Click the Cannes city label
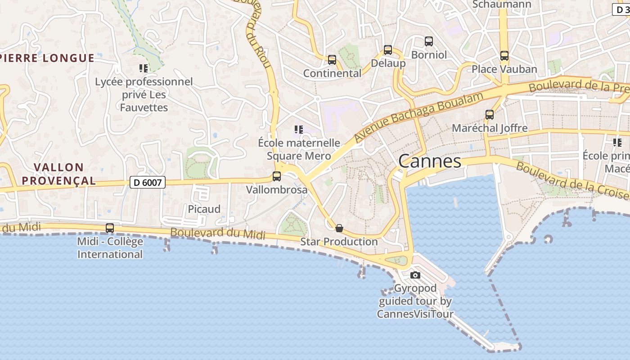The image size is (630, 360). [x=430, y=161]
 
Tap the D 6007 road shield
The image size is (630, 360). [x=148, y=182]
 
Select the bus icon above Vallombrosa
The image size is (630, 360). [x=277, y=176]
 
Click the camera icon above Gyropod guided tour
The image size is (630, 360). [x=415, y=275]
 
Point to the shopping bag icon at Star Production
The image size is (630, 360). [x=339, y=228]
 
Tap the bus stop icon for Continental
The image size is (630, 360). [x=332, y=59]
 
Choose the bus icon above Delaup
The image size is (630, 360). [x=388, y=50]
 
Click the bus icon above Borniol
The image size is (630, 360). [x=429, y=41]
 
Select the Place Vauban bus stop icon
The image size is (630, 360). [x=504, y=56]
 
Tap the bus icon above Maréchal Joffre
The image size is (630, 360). [x=490, y=115]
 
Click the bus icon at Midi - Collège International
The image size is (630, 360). [x=110, y=228]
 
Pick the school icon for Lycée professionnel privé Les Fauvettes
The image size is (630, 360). [x=144, y=68]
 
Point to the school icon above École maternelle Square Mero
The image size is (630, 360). [x=298, y=130]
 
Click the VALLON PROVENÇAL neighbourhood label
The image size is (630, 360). [x=59, y=174]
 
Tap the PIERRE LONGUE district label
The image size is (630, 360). [x=47, y=58]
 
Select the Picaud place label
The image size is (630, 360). [x=204, y=209]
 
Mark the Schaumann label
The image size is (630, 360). [x=502, y=4]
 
